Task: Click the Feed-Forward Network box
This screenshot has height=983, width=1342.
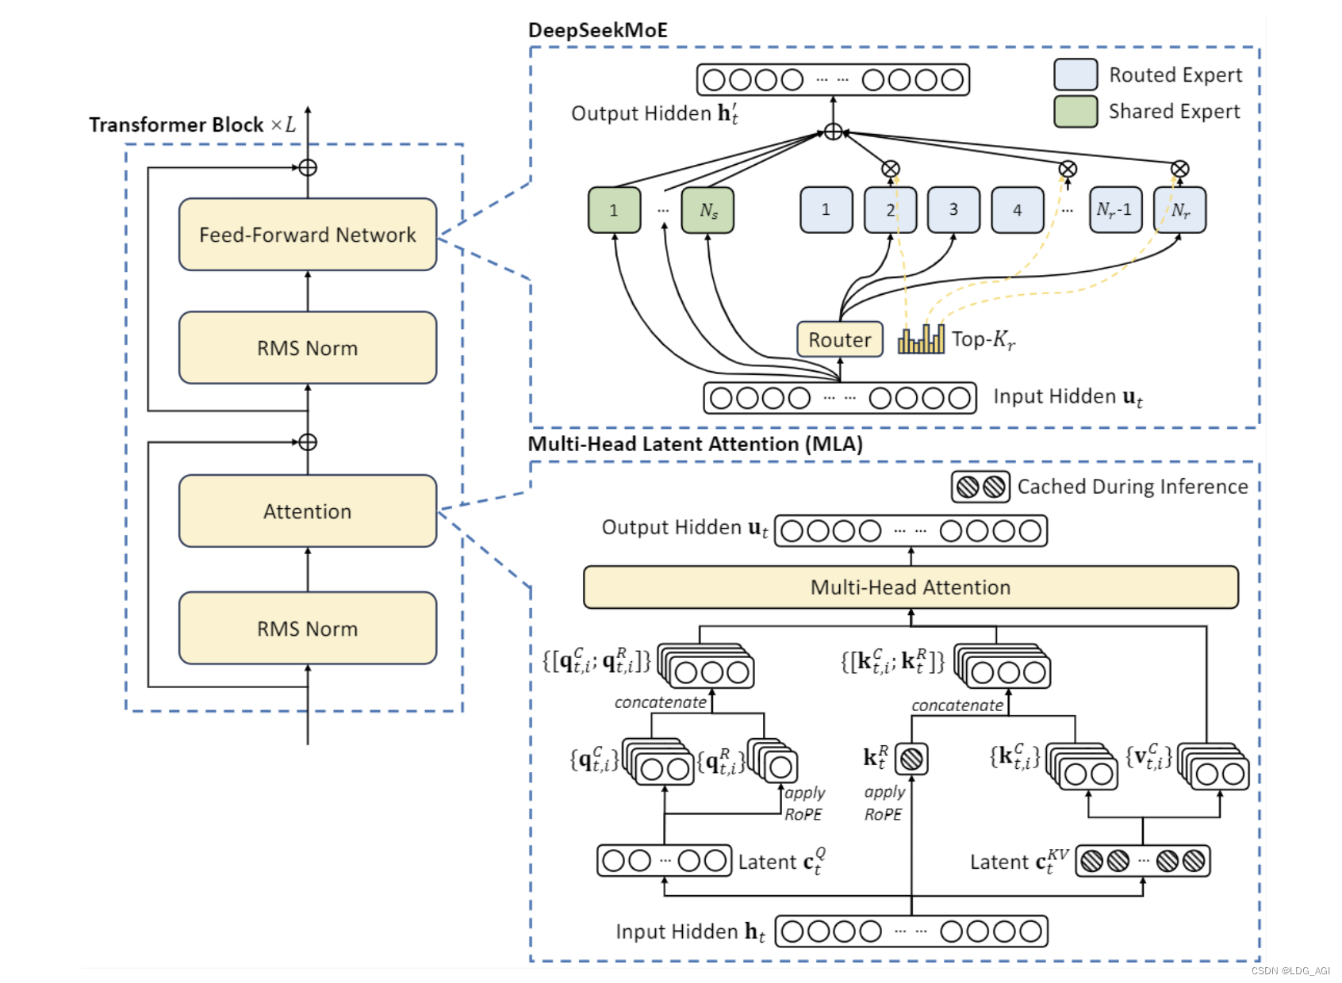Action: click(x=308, y=235)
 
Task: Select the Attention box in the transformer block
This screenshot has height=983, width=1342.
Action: click(x=308, y=511)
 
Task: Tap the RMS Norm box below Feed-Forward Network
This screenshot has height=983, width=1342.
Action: click(x=308, y=348)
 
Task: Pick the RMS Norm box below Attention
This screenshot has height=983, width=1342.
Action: click(x=308, y=629)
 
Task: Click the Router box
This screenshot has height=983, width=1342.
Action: click(x=840, y=339)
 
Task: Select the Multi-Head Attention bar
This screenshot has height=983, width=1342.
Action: click(x=911, y=587)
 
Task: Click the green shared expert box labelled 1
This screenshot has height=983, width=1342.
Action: click(x=614, y=210)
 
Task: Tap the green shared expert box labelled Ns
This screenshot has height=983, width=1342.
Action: click(x=707, y=210)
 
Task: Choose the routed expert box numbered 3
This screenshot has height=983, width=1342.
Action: click(x=953, y=210)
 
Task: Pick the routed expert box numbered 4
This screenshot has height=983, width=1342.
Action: click(x=1018, y=210)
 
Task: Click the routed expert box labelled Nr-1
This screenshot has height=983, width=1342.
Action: click(x=1115, y=210)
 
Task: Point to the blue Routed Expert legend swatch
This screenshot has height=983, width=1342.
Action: click(x=1076, y=75)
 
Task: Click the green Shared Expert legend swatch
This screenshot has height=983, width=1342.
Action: click(x=1076, y=112)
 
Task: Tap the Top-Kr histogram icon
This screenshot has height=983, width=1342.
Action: click(x=921, y=339)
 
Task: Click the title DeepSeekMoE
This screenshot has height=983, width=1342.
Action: click(x=598, y=30)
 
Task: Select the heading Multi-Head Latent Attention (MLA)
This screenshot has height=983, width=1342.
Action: click(x=695, y=444)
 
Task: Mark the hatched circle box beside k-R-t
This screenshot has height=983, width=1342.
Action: click(x=911, y=759)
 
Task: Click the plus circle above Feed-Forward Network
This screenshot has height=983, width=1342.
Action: click(x=308, y=168)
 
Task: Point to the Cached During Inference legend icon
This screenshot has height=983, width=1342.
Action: click(x=980, y=487)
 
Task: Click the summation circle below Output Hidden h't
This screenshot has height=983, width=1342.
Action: click(x=833, y=132)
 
